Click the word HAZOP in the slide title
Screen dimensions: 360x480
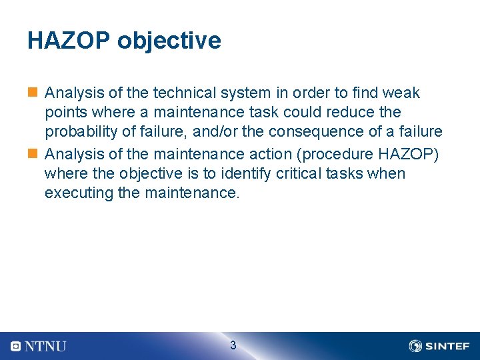point(69,41)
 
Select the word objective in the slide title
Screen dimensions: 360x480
point(169,41)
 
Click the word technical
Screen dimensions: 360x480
point(183,93)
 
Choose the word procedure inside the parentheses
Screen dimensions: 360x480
point(339,153)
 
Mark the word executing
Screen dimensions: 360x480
point(76,193)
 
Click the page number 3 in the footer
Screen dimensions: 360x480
point(233,345)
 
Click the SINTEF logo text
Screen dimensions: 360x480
point(447,346)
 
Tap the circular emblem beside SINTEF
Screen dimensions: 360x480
point(415,346)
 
